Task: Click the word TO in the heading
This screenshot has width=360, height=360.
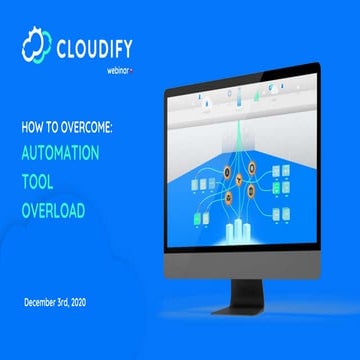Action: pyautogui.click(x=56, y=128)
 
